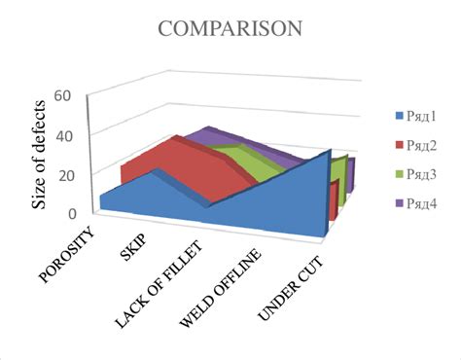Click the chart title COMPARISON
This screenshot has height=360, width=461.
[x=230, y=29]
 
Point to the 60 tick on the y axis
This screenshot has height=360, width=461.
[x=66, y=95]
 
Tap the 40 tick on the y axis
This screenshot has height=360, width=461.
[x=66, y=134]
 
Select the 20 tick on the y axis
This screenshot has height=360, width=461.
[x=66, y=174]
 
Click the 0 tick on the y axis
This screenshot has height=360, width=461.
[x=71, y=213]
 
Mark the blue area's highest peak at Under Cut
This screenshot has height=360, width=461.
[x=331, y=154]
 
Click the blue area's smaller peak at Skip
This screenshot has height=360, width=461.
[x=156, y=171]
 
